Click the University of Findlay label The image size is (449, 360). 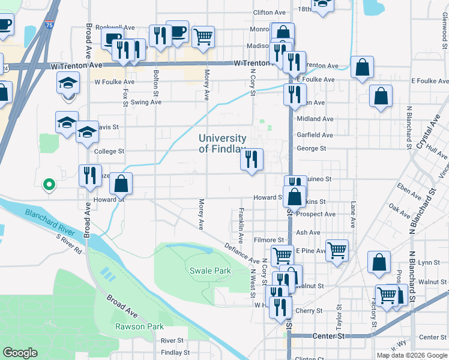pyautogui.click(x=222, y=143)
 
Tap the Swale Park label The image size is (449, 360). pyautogui.click(x=210, y=271)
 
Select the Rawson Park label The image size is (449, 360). pyautogui.click(x=139, y=326)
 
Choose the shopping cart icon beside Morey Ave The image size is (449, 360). pyautogui.click(x=203, y=37)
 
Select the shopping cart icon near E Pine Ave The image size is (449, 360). pyautogui.click(x=337, y=250)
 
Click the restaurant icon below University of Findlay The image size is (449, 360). pyautogui.click(x=252, y=160)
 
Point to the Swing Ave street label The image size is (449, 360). pyautogui.click(x=146, y=102)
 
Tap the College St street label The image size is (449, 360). pyautogui.click(x=109, y=152)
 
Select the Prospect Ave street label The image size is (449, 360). pyautogui.click(x=316, y=214)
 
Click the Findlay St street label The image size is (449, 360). pyautogui.click(x=175, y=353)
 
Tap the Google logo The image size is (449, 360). pyautogui.click(x=21, y=353)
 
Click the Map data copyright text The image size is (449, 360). pyautogui.click(x=412, y=355)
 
